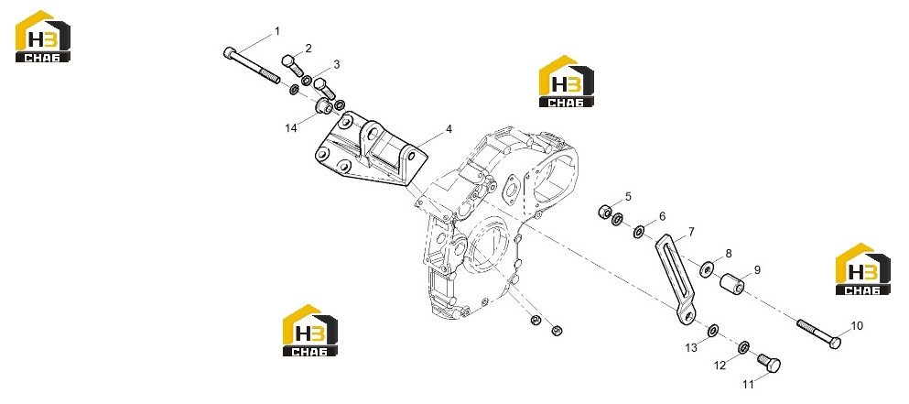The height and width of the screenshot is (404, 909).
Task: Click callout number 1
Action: [x=277, y=31]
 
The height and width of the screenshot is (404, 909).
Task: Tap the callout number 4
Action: [x=449, y=130]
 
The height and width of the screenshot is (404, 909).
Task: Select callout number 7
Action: [x=691, y=232]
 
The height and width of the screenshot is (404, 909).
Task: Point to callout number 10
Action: [x=857, y=326]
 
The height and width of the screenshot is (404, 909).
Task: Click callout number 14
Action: [x=290, y=128]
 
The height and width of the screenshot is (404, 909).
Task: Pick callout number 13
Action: [x=692, y=348]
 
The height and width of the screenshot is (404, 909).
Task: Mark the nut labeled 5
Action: [x=605, y=212]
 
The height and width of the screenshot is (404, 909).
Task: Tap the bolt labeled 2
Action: [x=293, y=66]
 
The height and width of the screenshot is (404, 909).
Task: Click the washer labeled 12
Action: [x=742, y=348]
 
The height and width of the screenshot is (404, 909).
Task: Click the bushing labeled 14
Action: [x=323, y=107]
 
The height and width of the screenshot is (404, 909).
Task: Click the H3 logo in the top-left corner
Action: [x=43, y=36]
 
